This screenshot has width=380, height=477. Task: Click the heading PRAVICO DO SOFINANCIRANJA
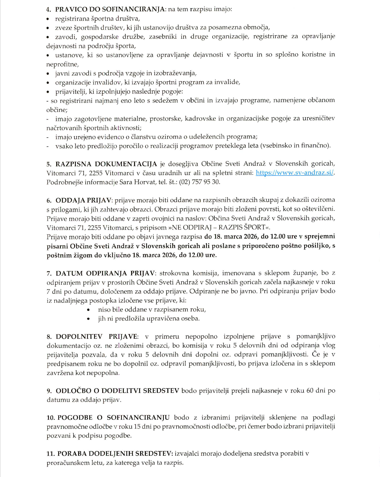[x=110, y=9]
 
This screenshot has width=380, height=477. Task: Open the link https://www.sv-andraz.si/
[x=294, y=173]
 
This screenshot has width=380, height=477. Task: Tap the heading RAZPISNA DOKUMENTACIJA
[x=106, y=164]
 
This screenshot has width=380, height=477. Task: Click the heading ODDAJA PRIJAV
[x=84, y=200]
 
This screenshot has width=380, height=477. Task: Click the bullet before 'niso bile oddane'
[x=89, y=310]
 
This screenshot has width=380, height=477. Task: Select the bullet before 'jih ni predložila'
[x=89, y=319]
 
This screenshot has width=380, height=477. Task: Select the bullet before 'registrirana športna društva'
[x=48, y=19]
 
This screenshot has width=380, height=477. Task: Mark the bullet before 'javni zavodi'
[x=48, y=74]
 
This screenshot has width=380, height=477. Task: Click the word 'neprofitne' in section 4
[x=62, y=65]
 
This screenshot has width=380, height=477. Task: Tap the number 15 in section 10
[x=137, y=427]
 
